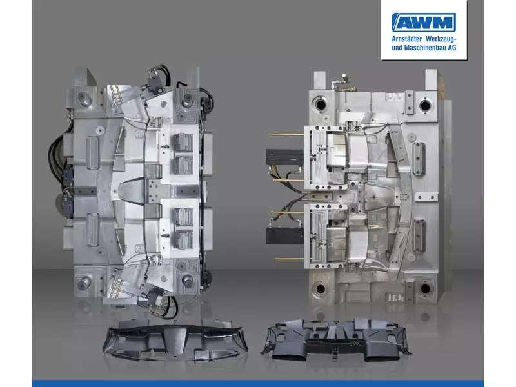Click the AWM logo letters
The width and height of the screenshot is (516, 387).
click(x=424, y=23)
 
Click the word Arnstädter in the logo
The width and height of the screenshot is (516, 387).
click(x=407, y=39)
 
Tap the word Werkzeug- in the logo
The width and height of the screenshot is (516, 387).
click(x=441, y=39)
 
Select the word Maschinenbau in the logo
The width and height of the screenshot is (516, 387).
click(x=425, y=48)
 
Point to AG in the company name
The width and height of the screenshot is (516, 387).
click(x=452, y=48)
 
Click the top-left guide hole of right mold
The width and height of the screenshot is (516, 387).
click(x=320, y=105)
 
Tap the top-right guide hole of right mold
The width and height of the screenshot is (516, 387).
click(x=424, y=105)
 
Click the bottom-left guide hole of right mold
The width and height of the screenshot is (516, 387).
click(x=320, y=289)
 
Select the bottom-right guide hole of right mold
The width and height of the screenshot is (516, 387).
click(x=425, y=288)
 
